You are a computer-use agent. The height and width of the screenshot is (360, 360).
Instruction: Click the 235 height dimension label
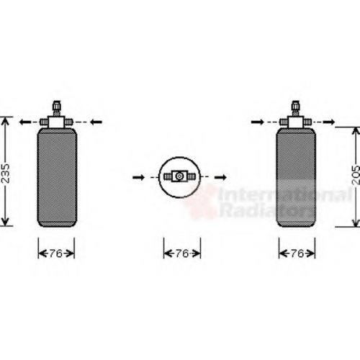(5, 174)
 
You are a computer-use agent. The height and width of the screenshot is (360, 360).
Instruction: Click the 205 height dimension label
(356, 175)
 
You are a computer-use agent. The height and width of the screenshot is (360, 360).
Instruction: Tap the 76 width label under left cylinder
(56, 253)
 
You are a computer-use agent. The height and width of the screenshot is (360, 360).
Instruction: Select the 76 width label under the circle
(182, 253)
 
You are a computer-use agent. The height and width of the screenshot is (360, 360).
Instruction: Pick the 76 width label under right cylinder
(297, 253)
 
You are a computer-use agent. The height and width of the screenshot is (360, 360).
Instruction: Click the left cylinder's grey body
(57, 177)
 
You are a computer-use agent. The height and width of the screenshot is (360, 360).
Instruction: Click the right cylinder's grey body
(296, 177)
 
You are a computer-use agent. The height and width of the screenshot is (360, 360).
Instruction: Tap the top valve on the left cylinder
(57, 109)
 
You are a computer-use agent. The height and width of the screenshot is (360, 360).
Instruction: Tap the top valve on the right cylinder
(296, 109)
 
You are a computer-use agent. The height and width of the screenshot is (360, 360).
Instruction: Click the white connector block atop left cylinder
(56, 122)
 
